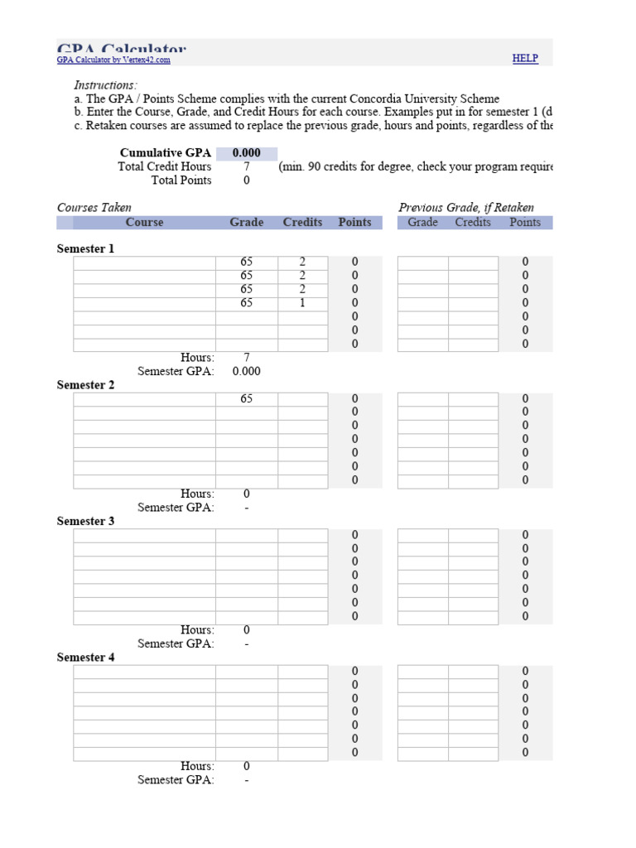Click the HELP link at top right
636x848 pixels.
click(x=525, y=58)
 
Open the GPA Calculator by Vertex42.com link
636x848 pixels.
click(x=113, y=60)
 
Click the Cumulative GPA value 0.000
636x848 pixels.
click(x=247, y=153)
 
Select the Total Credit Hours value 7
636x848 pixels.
click(x=247, y=166)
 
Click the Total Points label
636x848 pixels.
click(x=181, y=181)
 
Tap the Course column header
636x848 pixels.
click(x=144, y=223)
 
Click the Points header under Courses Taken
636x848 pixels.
click(x=354, y=223)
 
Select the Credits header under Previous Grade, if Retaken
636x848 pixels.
click(x=473, y=223)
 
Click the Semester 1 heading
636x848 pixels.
click(x=86, y=248)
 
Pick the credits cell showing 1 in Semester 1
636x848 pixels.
click(x=302, y=303)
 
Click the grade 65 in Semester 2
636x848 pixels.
click(x=247, y=399)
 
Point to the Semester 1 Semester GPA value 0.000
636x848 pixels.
click(x=247, y=372)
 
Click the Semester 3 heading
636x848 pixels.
click(x=86, y=522)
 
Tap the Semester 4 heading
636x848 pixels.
click(x=86, y=658)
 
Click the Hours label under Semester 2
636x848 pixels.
click(x=197, y=494)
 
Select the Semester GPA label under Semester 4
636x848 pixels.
click(x=176, y=780)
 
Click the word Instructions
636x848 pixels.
click(x=106, y=85)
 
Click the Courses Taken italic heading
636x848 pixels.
click(x=94, y=208)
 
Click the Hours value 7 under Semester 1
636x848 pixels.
click(x=247, y=358)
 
